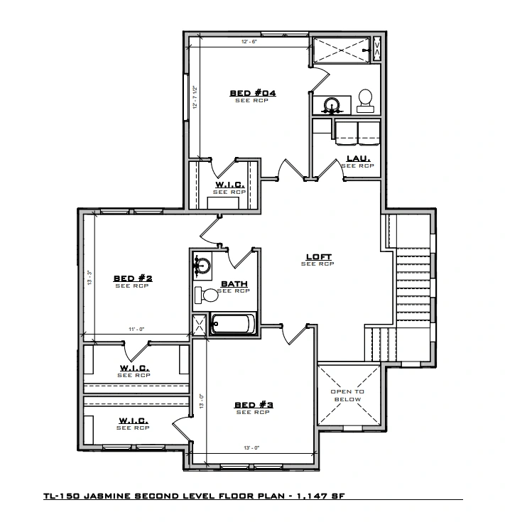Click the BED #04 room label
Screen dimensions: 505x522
pos(253,93)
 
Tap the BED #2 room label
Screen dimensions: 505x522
pos(133,278)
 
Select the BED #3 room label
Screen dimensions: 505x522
pos(254,405)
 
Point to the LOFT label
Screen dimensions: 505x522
pos(319,256)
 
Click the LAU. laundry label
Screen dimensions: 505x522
pos(358,159)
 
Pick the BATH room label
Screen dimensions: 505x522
pos(234,284)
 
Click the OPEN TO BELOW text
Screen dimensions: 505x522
pos(347,396)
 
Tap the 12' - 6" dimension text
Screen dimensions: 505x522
pos(249,42)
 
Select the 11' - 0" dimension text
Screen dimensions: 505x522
pos(136,330)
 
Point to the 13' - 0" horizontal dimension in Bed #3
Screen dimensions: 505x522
pos(251,447)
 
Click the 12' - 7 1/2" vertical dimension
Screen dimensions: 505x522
pos(195,97)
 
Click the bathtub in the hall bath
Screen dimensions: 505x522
pos(233,324)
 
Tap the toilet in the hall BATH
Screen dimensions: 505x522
pos(207,295)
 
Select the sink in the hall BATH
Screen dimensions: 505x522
pos(202,266)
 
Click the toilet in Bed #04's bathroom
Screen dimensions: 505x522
pos(366,101)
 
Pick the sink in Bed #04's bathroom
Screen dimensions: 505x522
pos(332,105)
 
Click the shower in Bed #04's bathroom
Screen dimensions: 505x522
pos(342,50)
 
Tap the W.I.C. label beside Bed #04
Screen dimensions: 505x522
pos(230,185)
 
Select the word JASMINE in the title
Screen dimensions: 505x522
pos(107,496)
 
